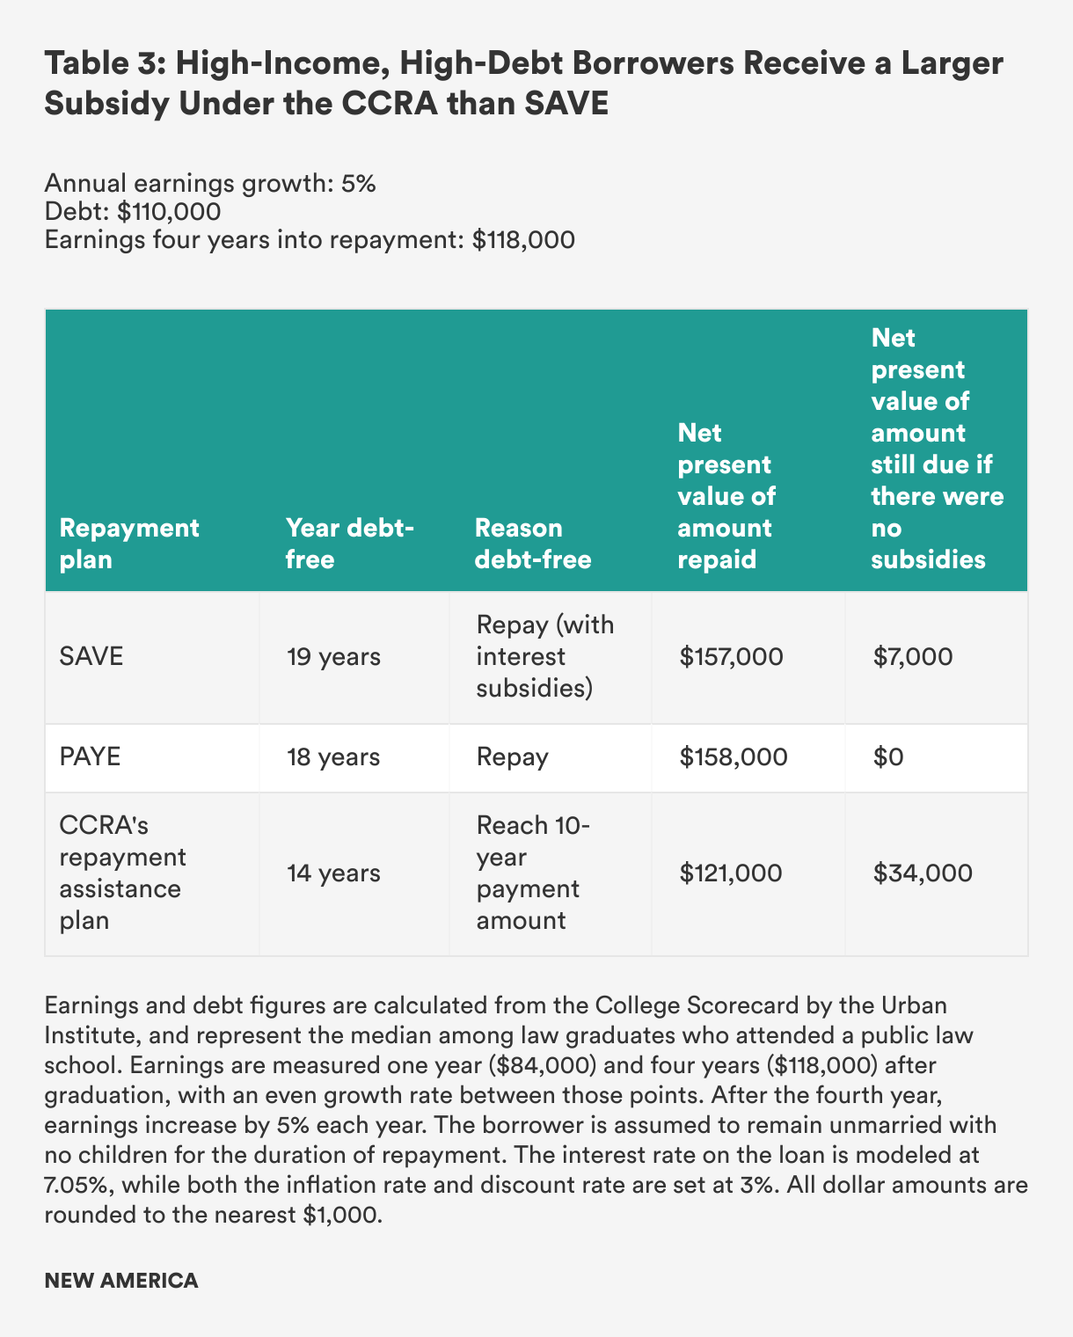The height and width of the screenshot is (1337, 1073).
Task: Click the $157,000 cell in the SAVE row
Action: click(731, 657)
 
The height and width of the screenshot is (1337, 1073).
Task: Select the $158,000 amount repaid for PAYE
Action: click(734, 757)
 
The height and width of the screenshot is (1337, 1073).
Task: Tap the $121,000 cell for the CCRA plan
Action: click(730, 873)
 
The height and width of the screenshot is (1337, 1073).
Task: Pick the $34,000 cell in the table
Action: click(923, 873)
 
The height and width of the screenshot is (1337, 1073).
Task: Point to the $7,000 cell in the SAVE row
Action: click(912, 657)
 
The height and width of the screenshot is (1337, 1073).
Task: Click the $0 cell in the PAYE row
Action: click(888, 757)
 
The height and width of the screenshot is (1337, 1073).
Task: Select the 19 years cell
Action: click(333, 657)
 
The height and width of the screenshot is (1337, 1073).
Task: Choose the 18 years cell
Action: click(333, 757)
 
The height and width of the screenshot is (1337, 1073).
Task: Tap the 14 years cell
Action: click(333, 873)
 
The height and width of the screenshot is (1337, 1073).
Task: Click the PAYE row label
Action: click(90, 757)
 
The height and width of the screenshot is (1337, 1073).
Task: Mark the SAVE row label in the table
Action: click(91, 657)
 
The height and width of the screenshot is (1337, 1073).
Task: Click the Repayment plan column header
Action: click(129, 544)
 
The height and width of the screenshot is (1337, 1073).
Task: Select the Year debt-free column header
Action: click(350, 544)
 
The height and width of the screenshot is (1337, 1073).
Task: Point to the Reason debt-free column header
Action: click(533, 544)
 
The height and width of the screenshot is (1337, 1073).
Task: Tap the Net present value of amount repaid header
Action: click(726, 496)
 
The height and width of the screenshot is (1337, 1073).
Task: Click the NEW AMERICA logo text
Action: click(121, 1281)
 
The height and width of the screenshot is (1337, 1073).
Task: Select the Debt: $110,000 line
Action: click(132, 212)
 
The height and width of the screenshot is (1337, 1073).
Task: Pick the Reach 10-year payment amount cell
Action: click(533, 873)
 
